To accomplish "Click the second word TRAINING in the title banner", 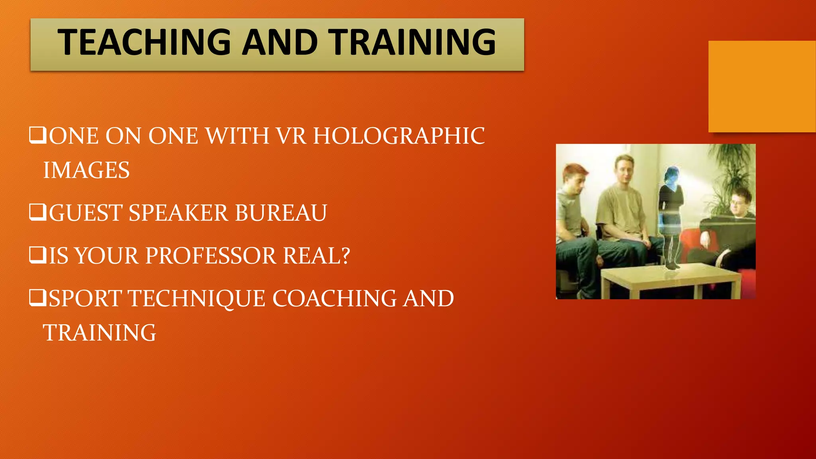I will coord(413,42).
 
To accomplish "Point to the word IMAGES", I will coord(86,170).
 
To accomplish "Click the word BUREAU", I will coord(281,213).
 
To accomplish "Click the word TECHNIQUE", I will coord(196,298).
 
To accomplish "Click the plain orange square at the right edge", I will coord(762,86).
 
